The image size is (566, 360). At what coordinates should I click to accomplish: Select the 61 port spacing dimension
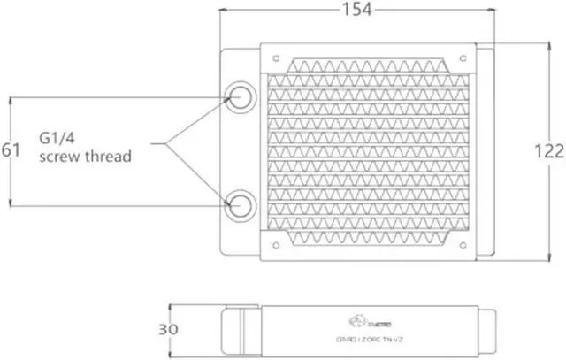(11, 150)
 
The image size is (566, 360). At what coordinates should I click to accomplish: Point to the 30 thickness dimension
(168, 328)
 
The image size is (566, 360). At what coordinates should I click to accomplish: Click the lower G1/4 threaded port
(240, 207)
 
